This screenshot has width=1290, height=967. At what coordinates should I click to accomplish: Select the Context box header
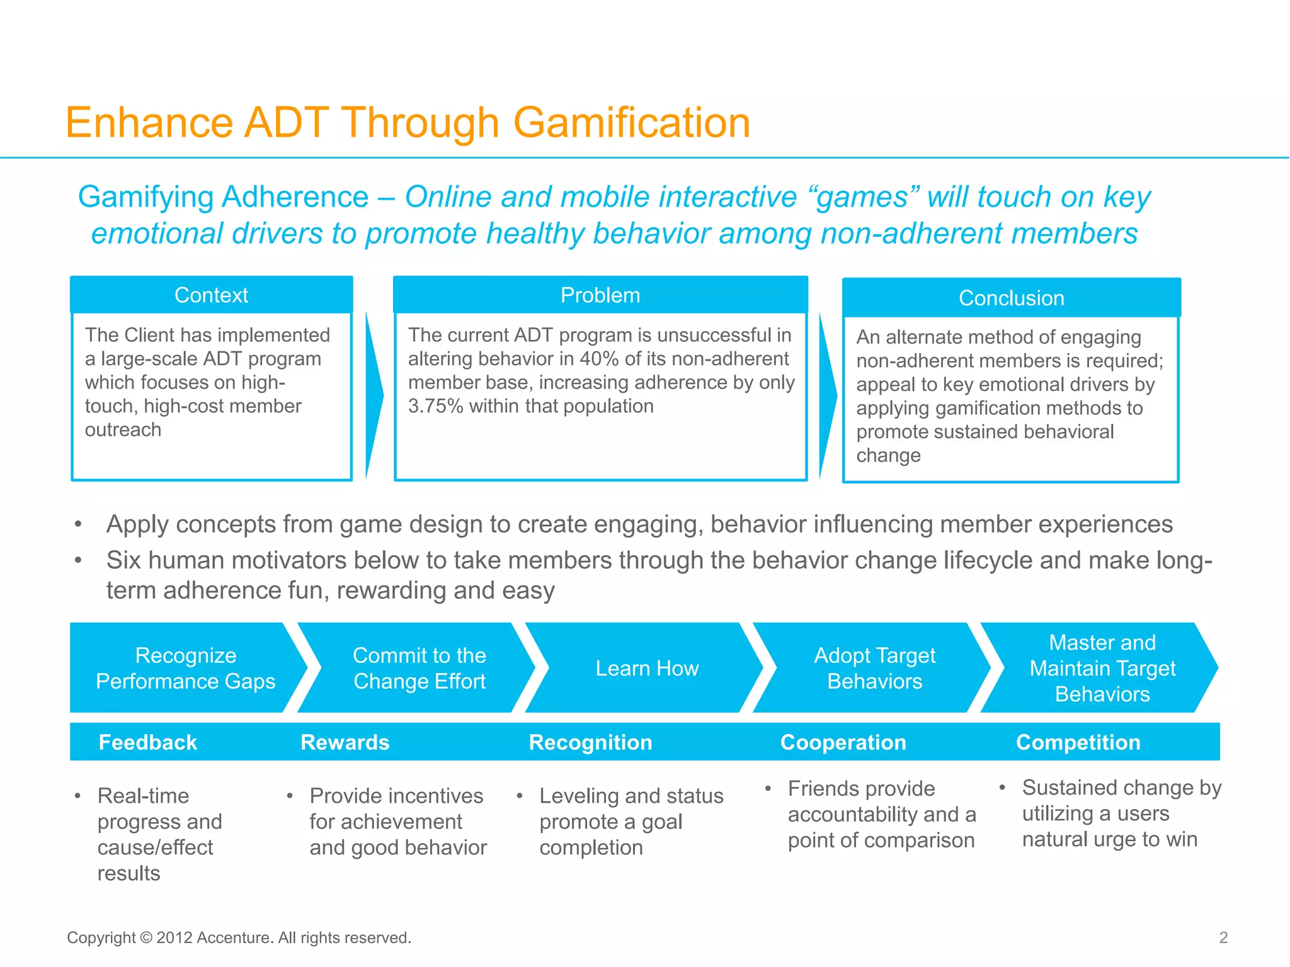point(211,295)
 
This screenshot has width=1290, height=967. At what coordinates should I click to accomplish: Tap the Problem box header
point(600,295)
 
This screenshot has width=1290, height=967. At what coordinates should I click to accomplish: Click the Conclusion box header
point(1011,298)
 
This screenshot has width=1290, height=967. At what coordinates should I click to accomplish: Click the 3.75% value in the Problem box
point(435,407)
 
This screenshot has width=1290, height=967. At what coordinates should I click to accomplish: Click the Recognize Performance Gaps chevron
point(185,668)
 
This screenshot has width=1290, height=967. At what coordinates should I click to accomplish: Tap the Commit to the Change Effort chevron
point(419,668)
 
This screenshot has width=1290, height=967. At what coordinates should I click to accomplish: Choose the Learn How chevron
point(647,668)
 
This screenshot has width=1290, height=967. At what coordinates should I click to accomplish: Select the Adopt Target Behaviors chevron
point(874,668)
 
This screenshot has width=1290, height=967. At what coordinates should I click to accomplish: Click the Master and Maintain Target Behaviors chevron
point(1102,668)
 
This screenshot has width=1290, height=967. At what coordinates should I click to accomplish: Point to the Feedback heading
point(148,742)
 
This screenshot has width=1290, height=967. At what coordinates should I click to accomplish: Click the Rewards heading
point(345,742)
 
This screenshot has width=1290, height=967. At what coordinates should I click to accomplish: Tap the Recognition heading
point(590,742)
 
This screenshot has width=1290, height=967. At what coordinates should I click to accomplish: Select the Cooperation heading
point(843,742)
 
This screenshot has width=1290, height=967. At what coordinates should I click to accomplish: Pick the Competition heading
point(1078,742)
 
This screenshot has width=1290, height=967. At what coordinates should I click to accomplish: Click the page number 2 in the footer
point(1223,937)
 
